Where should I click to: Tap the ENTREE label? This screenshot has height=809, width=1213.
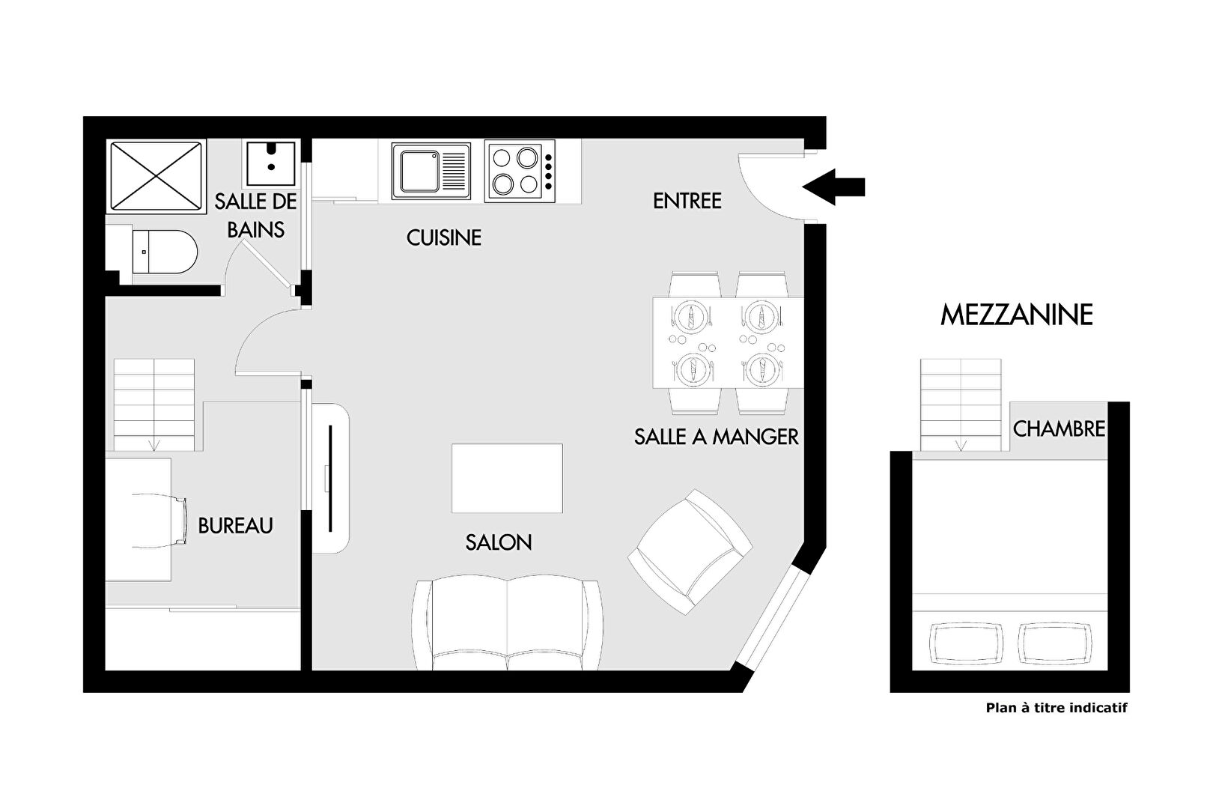(x=687, y=201)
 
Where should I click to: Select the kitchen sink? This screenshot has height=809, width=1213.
(x=431, y=171)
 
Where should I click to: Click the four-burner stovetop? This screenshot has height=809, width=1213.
(x=520, y=172)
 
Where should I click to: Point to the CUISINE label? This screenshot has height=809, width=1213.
(x=444, y=238)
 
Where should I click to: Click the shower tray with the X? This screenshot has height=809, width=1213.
(x=156, y=176)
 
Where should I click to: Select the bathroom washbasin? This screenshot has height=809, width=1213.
(x=271, y=163)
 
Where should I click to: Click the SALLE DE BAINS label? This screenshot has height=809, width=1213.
(x=256, y=216)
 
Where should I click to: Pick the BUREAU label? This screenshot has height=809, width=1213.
(x=236, y=526)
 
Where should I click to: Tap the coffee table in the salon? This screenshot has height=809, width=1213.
(x=508, y=478)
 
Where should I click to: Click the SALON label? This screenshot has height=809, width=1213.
(x=499, y=542)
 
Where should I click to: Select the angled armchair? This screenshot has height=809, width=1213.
(x=690, y=552)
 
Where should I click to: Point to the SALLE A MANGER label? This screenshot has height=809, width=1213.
(x=717, y=437)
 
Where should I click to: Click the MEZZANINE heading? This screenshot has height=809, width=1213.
(x=1016, y=315)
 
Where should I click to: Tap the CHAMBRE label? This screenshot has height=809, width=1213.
(x=1060, y=429)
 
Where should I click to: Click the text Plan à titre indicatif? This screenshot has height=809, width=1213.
(x=1057, y=708)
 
